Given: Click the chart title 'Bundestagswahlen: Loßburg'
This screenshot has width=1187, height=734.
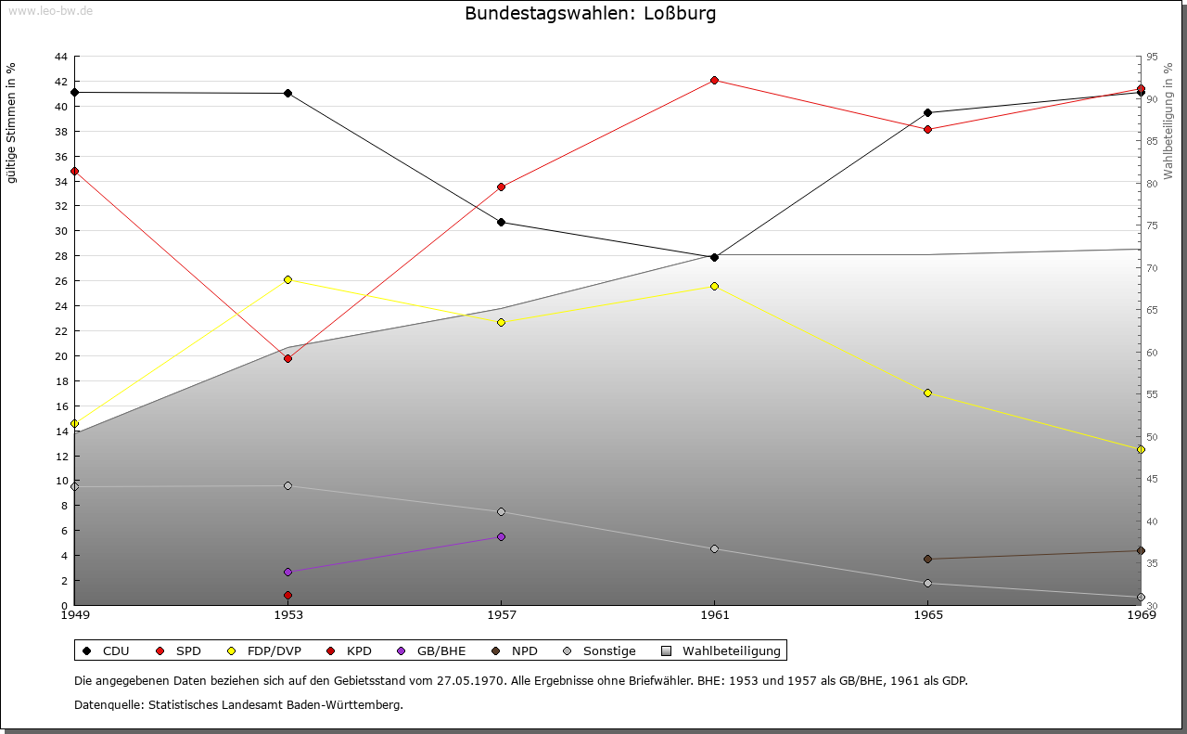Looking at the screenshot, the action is [591, 13].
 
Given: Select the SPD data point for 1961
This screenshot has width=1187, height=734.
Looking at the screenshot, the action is [714, 80].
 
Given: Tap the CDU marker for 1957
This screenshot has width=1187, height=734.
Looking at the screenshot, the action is [502, 222].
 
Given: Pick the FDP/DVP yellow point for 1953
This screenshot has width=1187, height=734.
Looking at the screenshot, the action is [287, 279].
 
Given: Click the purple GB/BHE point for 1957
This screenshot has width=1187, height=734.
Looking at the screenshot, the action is [502, 536].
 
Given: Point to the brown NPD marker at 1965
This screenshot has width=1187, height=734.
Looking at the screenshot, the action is [927, 559].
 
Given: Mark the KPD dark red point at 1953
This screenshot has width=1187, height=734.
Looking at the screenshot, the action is [287, 595].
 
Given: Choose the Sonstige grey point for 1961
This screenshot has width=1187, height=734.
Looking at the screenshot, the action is [714, 549].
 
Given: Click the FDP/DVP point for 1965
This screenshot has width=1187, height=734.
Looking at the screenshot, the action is [927, 393].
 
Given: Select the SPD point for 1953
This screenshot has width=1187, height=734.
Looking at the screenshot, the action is [287, 358].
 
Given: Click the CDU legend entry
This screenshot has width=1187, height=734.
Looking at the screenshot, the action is [106, 650].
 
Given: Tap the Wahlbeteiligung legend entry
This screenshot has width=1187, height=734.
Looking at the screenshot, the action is [721, 650].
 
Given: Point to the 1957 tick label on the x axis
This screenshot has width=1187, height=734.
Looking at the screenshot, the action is [502, 614].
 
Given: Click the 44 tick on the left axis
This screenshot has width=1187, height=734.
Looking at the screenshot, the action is [61, 57].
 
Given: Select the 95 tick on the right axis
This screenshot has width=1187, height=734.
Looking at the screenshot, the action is [1152, 57].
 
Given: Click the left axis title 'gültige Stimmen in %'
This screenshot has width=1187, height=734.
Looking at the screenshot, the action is [11, 123].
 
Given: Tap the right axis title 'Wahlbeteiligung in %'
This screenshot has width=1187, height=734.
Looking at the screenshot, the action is [1168, 121].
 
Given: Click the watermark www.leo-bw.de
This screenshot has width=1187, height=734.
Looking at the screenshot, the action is [50, 10].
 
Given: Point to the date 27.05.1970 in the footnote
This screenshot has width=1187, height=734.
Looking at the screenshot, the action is [470, 680].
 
